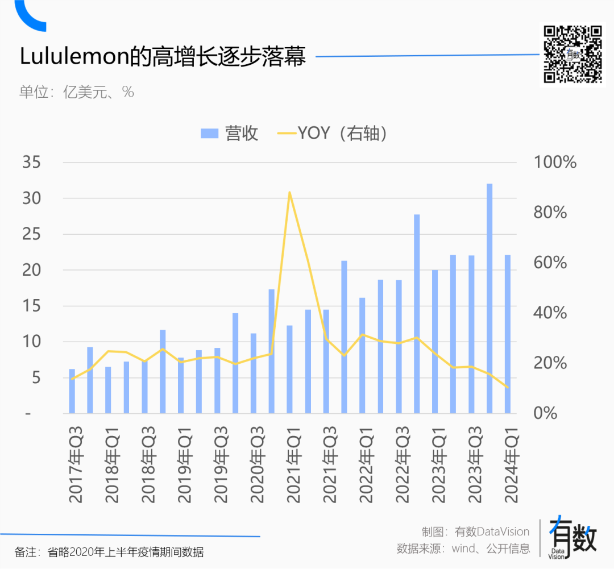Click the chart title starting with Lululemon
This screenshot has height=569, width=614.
pyautogui.click(x=163, y=57)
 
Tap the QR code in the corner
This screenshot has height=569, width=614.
pyautogui.click(x=572, y=55)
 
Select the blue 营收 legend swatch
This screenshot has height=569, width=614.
pyautogui.click(x=210, y=134)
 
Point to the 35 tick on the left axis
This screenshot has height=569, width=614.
pyautogui.click(x=32, y=163)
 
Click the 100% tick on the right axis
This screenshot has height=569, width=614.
pyautogui.click(x=555, y=163)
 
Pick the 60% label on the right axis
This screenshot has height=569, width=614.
pyautogui.click(x=551, y=263)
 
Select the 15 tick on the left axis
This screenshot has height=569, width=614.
pyautogui.click(x=32, y=306)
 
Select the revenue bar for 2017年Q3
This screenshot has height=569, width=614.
pyautogui.click(x=72, y=391)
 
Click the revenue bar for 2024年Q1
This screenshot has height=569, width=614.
pyautogui.click(x=508, y=334)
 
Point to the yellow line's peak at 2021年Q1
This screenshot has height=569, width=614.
pyautogui.click(x=289, y=192)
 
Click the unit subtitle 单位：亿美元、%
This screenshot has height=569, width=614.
pyautogui.click(x=77, y=92)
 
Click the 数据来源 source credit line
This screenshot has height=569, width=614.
pyautogui.click(x=463, y=549)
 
